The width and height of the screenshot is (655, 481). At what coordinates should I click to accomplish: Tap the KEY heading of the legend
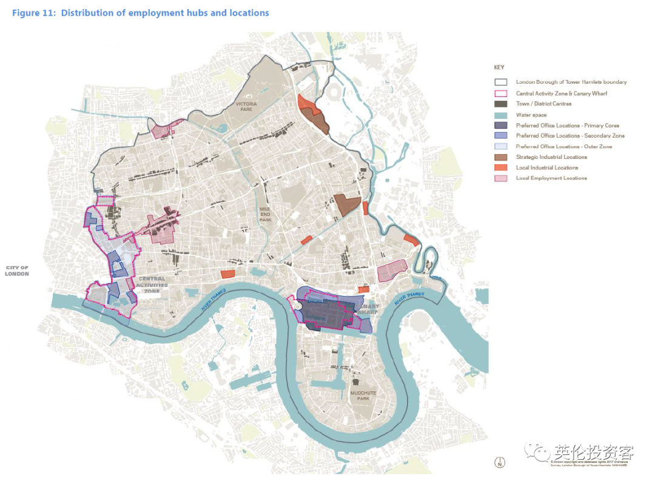coord(499,67)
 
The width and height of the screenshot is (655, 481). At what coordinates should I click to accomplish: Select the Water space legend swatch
coord(500,115)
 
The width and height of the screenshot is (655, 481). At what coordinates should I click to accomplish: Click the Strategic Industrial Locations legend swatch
coord(500,157)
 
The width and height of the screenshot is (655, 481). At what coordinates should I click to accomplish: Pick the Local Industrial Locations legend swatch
coord(500,167)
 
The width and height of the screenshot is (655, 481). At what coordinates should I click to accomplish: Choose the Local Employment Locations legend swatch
coord(500,178)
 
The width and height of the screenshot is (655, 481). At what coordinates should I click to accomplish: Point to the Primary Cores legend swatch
coord(500,125)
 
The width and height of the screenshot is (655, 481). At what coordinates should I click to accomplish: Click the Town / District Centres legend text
coord(543,104)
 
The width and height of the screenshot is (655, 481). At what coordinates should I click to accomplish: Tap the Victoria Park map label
coord(246,107)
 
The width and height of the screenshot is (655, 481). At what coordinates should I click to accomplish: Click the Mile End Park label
coord(266,213)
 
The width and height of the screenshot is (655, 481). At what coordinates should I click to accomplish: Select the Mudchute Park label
coord(363,395)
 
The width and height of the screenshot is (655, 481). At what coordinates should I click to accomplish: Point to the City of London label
coord(17,271)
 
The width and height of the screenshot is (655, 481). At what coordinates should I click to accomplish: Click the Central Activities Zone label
coord(152,284)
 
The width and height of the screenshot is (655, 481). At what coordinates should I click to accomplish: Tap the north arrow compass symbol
coord(499,463)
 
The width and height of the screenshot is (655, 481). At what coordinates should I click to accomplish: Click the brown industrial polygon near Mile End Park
coord(348,205)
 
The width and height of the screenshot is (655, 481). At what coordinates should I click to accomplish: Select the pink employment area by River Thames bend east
coord(392,271)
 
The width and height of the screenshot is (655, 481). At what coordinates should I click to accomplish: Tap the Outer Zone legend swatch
coord(500,146)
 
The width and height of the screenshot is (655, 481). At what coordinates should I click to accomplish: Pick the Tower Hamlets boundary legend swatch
coord(500,82)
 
